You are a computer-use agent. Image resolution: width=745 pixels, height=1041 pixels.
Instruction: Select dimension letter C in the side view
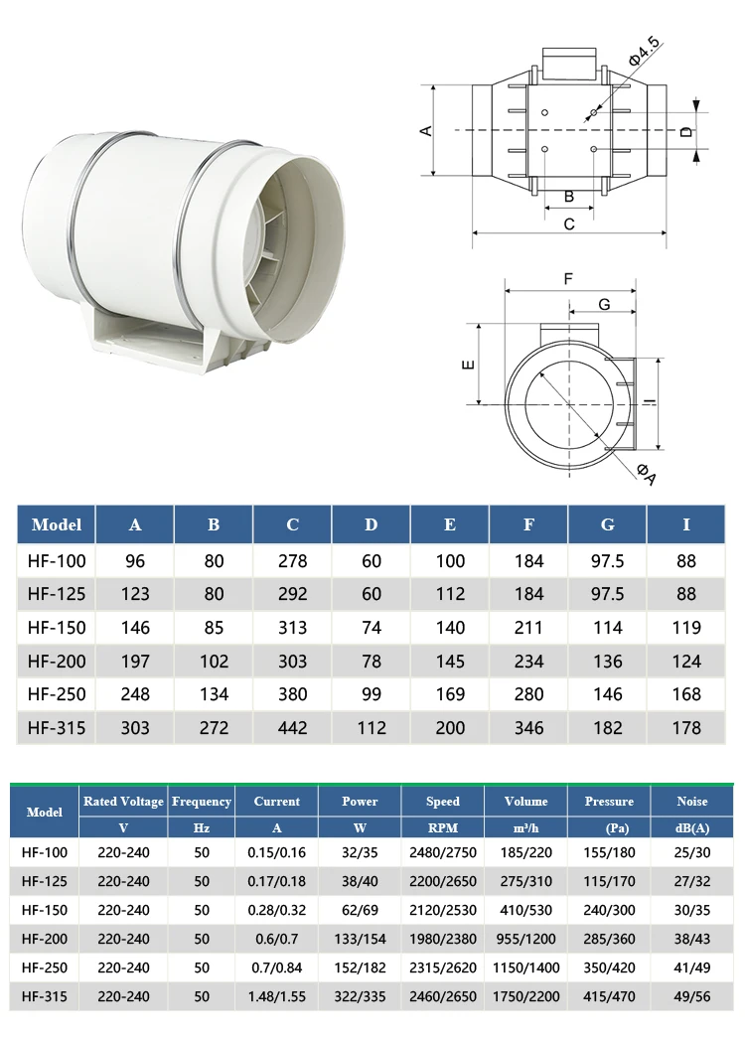569,224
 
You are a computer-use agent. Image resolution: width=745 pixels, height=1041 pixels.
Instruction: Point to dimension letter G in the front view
604,303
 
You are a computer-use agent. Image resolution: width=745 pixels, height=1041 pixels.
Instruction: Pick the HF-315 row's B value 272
214,728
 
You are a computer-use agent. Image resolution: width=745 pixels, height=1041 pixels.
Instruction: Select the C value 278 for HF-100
292,561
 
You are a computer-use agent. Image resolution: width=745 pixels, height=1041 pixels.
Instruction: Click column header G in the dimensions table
607,525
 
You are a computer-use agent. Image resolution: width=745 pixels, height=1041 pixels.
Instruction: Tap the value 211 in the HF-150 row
528,628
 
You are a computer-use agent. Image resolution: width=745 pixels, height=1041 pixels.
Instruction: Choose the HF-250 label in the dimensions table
57,694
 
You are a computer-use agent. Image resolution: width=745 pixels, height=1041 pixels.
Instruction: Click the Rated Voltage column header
123,802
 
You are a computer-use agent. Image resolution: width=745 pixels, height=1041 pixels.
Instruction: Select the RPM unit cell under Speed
443,827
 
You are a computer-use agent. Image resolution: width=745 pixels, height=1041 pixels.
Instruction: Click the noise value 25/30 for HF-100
691,852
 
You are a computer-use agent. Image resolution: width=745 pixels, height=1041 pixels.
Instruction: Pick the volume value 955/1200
525,939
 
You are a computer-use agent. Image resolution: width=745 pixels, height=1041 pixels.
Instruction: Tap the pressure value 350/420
609,967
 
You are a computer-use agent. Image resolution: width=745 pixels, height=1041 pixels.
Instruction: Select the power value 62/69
360,909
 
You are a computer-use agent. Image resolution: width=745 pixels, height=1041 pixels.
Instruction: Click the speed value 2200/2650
443,881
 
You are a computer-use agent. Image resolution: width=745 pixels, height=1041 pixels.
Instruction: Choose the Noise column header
691,802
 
